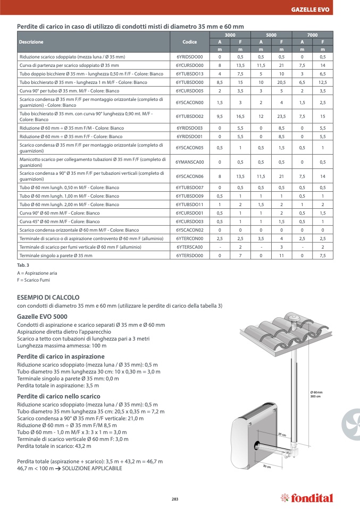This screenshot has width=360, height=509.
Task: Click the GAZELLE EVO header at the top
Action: pyautogui.click(x=310, y=10)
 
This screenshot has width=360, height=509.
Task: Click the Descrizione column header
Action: pyautogui.click(x=31, y=41)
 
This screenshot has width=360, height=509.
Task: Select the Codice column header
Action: pyautogui.click(x=189, y=41)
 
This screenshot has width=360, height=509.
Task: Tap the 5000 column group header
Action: pyautogui.click(x=271, y=35)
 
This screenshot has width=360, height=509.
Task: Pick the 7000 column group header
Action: pyautogui.click(x=312, y=35)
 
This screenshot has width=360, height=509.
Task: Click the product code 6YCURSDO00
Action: pyautogui.click(x=189, y=65)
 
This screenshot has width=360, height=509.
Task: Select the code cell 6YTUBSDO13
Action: pyautogui.click(x=189, y=74)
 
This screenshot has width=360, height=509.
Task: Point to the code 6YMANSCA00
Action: pyautogui.click(x=189, y=162)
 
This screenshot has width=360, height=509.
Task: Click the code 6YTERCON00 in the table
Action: pyautogui.click(x=189, y=239)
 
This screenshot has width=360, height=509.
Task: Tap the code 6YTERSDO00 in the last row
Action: pyautogui.click(x=189, y=256)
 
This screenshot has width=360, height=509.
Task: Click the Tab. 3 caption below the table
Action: pyautogui.click(x=23, y=265)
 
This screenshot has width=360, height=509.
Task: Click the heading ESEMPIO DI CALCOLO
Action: pyautogui.click(x=48, y=297)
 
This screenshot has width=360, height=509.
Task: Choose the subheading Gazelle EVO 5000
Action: pyautogui.click(x=42, y=316)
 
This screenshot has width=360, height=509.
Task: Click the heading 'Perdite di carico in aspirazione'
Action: pyautogui.click(x=61, y=356)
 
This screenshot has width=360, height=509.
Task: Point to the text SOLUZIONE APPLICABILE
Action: pyautogui.click(x=92, y=469)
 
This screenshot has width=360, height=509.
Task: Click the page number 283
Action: pyautogui.click(x=175, y=498)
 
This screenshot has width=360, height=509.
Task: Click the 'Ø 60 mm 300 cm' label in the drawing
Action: pyautogui.click(x=316, y=394)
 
